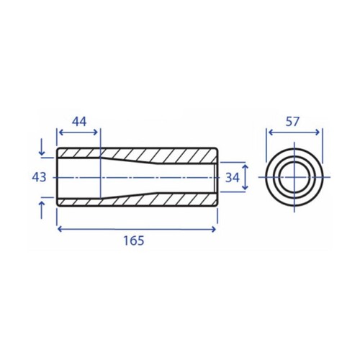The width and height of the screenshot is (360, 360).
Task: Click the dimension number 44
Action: pyautogui.click(x=79, y=122)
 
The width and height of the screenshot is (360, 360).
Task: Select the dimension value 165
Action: pyautogui.click(x=134, y=240)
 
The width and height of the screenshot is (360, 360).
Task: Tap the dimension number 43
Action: pyautogui.click(x=39, y=178)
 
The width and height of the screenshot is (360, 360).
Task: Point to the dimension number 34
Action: pyautogui.click(x=233, y=178)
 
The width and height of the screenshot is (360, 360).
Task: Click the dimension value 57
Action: pyautogui.click(x=292, y=122)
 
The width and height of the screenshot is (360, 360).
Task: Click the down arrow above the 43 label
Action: pyautogui.click(x=42, y=147)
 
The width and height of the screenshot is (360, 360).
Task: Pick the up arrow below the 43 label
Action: pyautogui.click(x=42, y=210)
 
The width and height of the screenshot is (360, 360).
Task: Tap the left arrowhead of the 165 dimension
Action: pyautogui.click(x=60, y=230)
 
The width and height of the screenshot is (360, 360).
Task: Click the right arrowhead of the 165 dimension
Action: pyautogui.click(x=214, y=230)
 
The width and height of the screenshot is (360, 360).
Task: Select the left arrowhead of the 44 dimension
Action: pyautogui.click(x=61, y=132)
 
